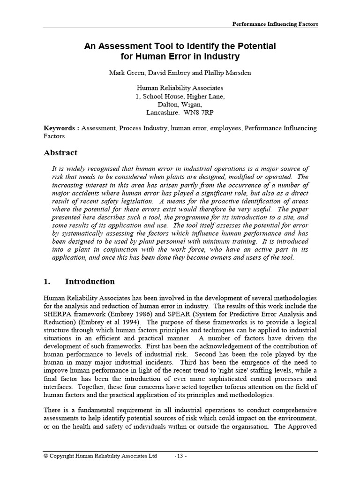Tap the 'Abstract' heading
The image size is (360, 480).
click(60, 153)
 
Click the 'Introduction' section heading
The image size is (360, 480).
click(90, 282)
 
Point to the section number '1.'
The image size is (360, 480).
click(46, 282)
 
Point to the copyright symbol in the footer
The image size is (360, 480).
click(46, 456)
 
